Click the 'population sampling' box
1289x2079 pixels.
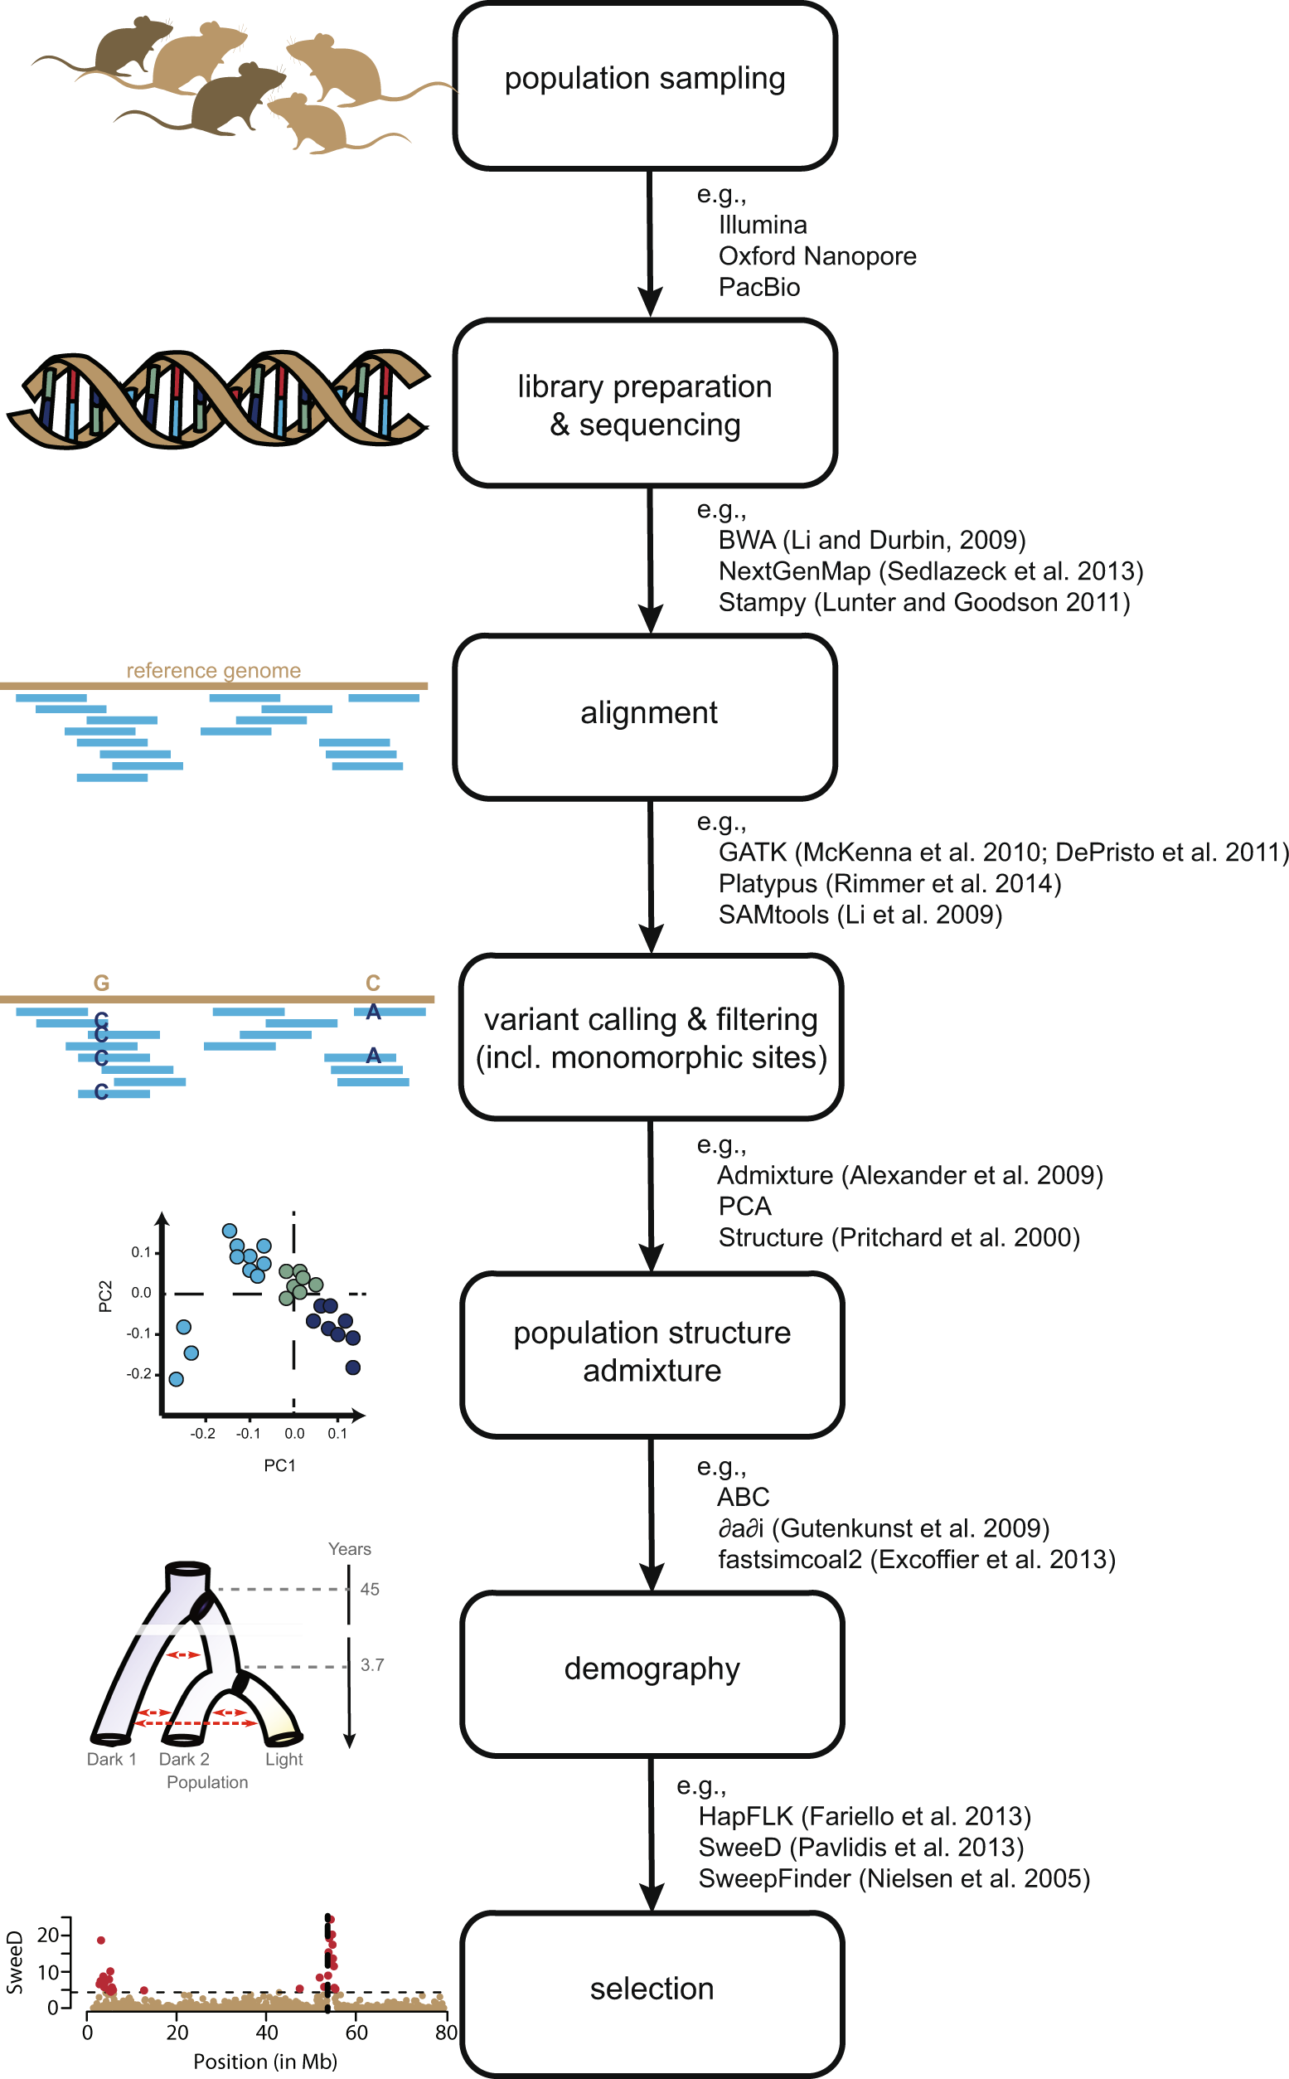pyautogui.click(x=645, y=85)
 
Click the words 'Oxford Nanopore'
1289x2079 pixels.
pyautogui.click(x=817, y=255)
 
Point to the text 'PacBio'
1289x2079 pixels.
pyautogui.click(x=758, y=288)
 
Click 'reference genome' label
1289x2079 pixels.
pyautogui.click(x=213, y=670)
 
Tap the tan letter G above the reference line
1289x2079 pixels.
pyautogui.click(x=100, y=983)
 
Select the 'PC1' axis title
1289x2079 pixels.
pyautogui.click(x=279, y=1465)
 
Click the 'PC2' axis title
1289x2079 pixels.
pyautogui.click(x=104, y=1295)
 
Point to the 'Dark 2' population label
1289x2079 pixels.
pyautogui.click(x=183, y=1758)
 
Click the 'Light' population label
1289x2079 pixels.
pyautogui.click(x=283, y=1758)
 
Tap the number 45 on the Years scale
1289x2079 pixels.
pyautogui.click(x=369, y=1589)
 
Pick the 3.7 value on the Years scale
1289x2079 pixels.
pyautogui.click(x=371, y=1664)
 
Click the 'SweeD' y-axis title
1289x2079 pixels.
pyautogui.click(x=14, y=1962)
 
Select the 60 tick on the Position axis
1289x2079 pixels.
pyautogui.click(x=356, y=2033)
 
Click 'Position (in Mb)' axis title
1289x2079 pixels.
pyautogui.click(x=264, y=2062)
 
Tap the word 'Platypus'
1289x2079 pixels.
pyautogui.click(x=768, y=883)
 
